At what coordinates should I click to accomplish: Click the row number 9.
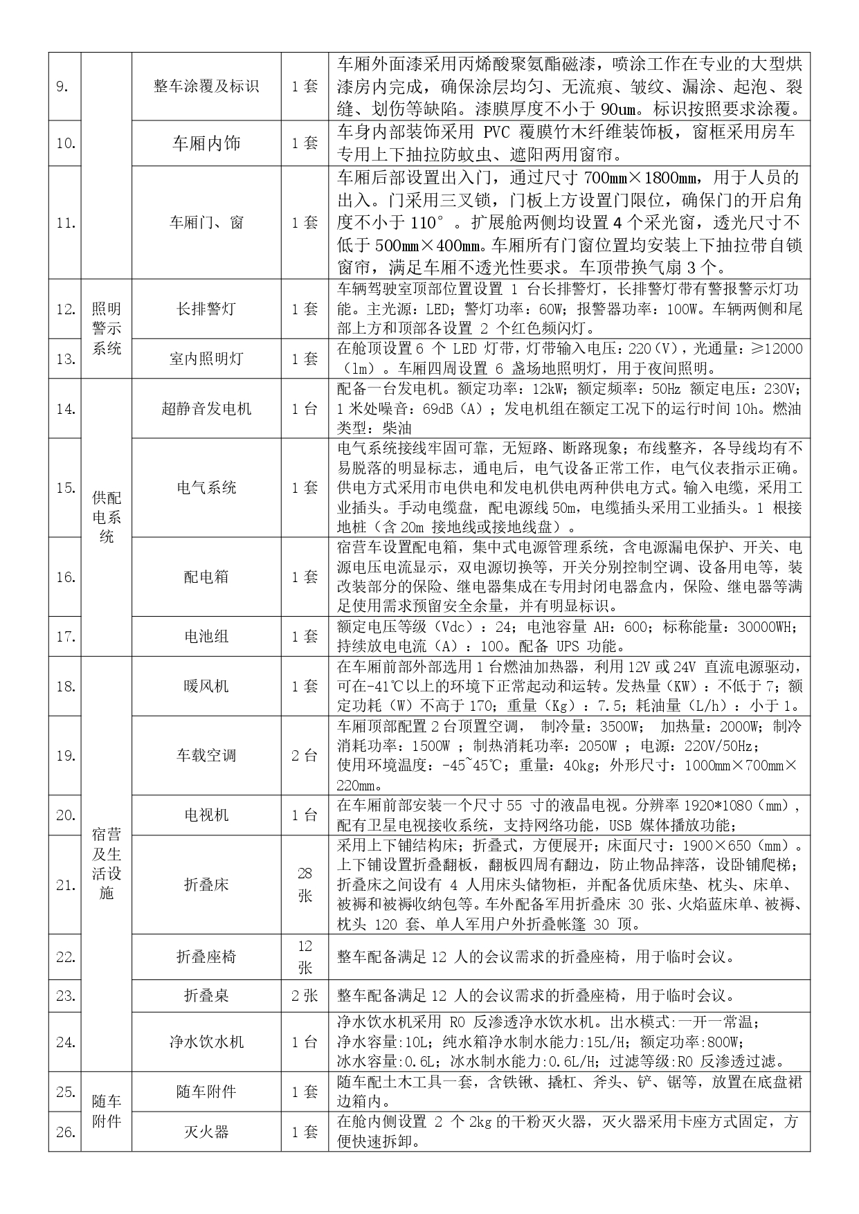61,87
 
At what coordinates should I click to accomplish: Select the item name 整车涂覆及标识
206,87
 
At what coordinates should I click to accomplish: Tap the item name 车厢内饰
206,143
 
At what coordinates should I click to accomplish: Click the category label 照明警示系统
106,329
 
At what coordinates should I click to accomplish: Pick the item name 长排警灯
206,309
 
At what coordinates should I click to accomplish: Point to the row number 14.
65,408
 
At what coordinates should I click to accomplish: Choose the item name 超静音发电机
206,408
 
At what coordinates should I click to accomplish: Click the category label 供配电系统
106,517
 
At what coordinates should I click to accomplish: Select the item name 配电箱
206,577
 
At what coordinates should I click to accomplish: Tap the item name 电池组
206,636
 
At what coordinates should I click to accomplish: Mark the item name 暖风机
206,686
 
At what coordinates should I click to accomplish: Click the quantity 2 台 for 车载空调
305,755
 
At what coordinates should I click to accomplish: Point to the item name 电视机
206,815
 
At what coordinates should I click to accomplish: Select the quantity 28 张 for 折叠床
305,885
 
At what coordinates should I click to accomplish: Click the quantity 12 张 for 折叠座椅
305,957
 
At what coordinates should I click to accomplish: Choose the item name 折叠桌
206,996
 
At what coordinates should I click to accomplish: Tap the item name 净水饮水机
206,1042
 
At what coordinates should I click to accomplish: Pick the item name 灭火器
206,1132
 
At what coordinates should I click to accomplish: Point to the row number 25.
65,1091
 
